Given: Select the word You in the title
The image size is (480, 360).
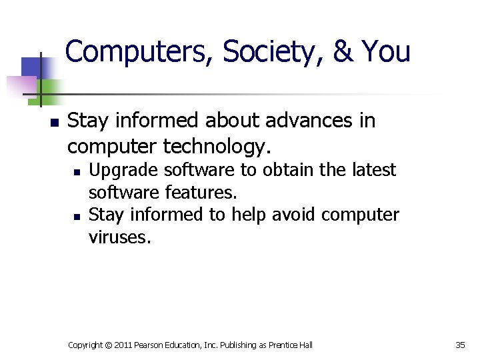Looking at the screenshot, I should point(385,51).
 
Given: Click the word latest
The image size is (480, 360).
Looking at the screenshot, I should point(372,171).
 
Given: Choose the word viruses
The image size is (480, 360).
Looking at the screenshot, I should point(120,237).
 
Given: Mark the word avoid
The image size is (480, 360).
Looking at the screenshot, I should point(291,215).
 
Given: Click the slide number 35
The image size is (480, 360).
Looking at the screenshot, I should point(460,345).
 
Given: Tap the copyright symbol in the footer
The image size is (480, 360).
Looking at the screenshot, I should point(108,345).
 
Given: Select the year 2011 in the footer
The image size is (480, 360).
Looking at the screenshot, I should point(124,345).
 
